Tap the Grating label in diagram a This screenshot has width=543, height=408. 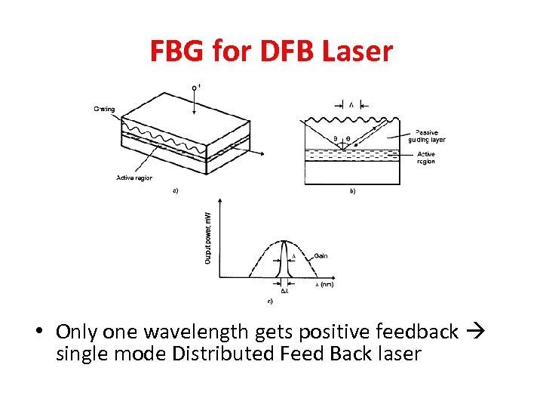tap(104, 109)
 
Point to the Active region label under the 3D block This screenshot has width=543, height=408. tap(134, 178)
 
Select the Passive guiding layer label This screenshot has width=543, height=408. tap(431, 136)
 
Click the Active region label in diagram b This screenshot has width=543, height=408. tap(426, 158)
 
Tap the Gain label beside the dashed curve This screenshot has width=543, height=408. tap(321, 256)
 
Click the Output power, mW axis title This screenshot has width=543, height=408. tap(208, 237)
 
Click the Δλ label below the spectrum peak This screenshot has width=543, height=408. tap(284, 292)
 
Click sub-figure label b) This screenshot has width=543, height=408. tap(352, 192)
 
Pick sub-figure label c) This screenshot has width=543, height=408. tap(270, 301)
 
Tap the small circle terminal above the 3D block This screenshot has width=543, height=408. tap(195, 88)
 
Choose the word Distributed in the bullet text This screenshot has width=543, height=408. tap(218, 354)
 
